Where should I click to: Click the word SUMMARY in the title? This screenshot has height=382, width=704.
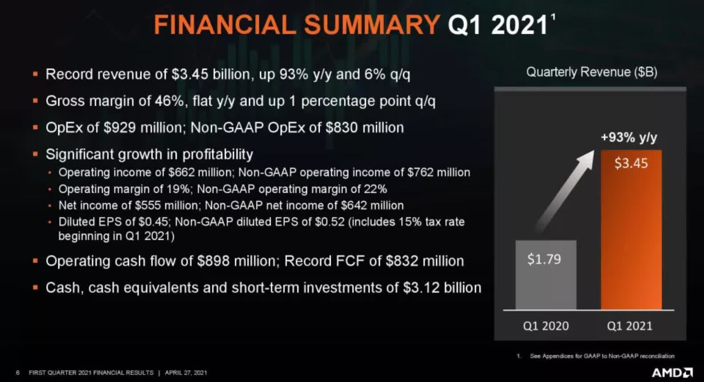372,25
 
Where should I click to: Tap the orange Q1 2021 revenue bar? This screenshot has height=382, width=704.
631,230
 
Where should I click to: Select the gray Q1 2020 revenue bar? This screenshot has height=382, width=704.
546,275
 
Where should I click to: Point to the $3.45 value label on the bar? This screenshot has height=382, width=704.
631,163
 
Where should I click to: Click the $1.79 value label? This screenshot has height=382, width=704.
544,259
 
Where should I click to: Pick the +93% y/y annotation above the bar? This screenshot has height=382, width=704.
629,138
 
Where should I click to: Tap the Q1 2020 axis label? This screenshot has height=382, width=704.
546,326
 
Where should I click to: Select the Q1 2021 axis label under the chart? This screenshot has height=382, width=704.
630,326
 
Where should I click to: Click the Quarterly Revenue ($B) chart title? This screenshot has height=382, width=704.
592,72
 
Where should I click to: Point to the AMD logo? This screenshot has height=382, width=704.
672,373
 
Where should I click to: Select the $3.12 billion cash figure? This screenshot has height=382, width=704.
442,288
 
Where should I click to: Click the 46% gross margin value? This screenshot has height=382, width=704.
169,101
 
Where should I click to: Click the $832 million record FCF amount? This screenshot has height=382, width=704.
424,261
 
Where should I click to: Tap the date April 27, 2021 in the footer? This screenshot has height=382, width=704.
186,373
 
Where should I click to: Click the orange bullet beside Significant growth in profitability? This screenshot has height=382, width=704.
36,154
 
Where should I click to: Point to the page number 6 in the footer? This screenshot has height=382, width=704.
18,373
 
